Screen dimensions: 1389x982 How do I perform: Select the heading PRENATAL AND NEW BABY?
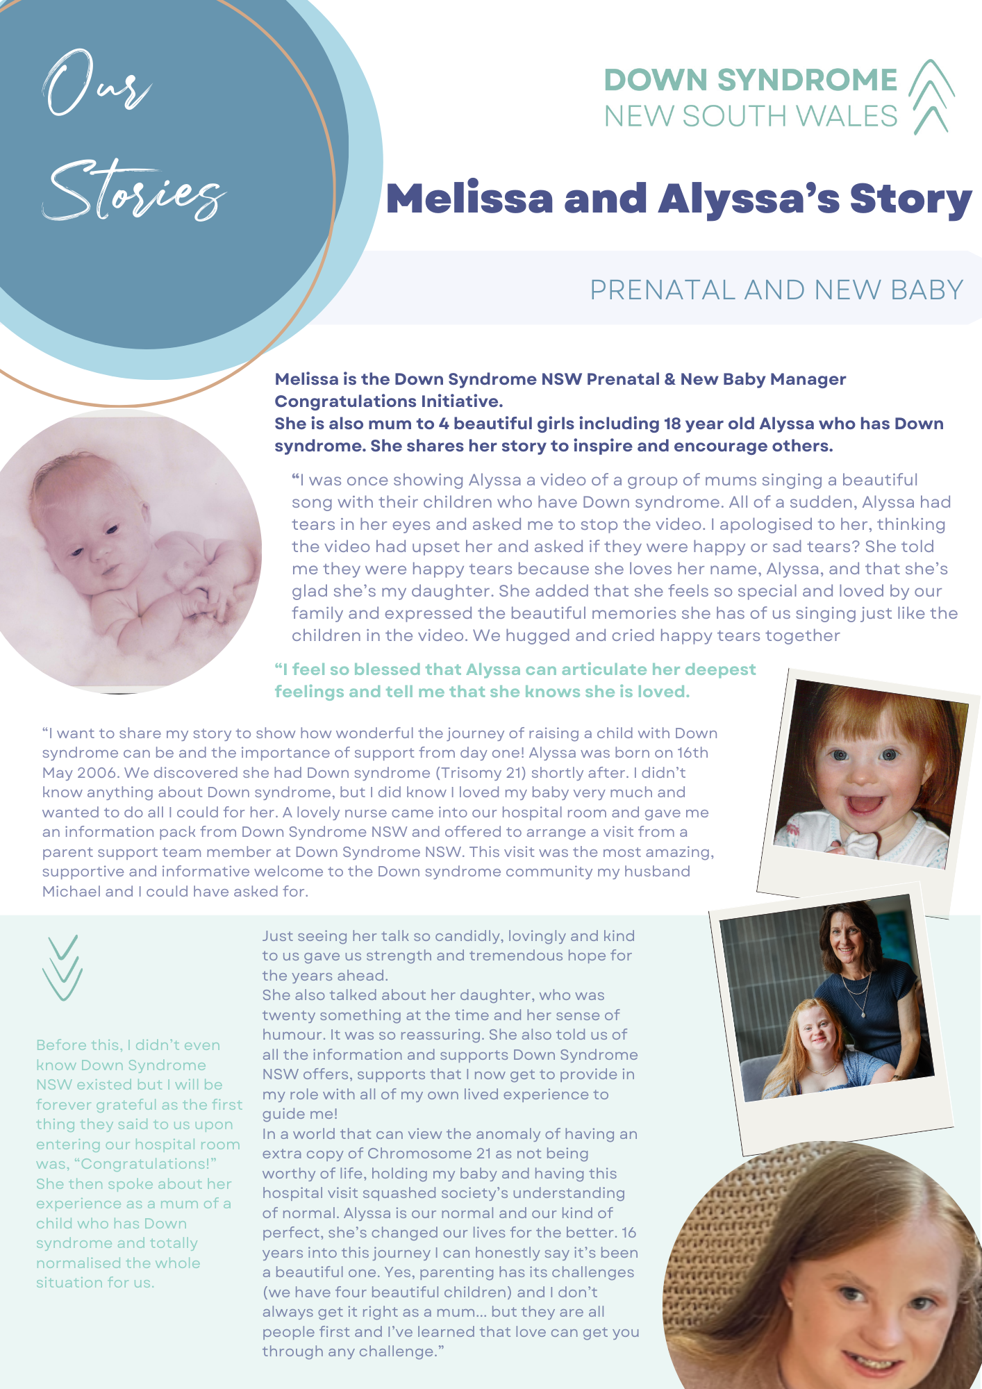pyautogui.click(x=776, y=290)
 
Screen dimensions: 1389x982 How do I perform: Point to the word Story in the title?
pyautogui.click(x=910, y=200)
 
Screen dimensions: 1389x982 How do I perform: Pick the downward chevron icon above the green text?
pyautogui.click(x=63, y=967)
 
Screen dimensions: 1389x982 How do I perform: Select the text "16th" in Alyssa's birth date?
pyautogui.click(x=692, y=753)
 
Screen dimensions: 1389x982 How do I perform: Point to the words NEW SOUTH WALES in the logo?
pyautogui.click(x=751, y=117)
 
